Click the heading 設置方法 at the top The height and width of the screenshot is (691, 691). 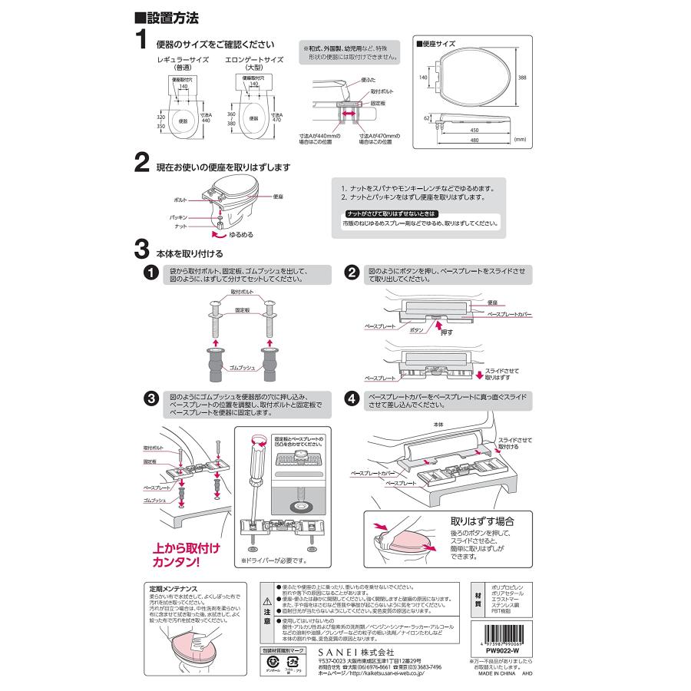point(164,17)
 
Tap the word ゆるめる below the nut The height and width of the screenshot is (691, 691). point(237,234)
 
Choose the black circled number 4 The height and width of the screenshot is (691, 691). point(352,398)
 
